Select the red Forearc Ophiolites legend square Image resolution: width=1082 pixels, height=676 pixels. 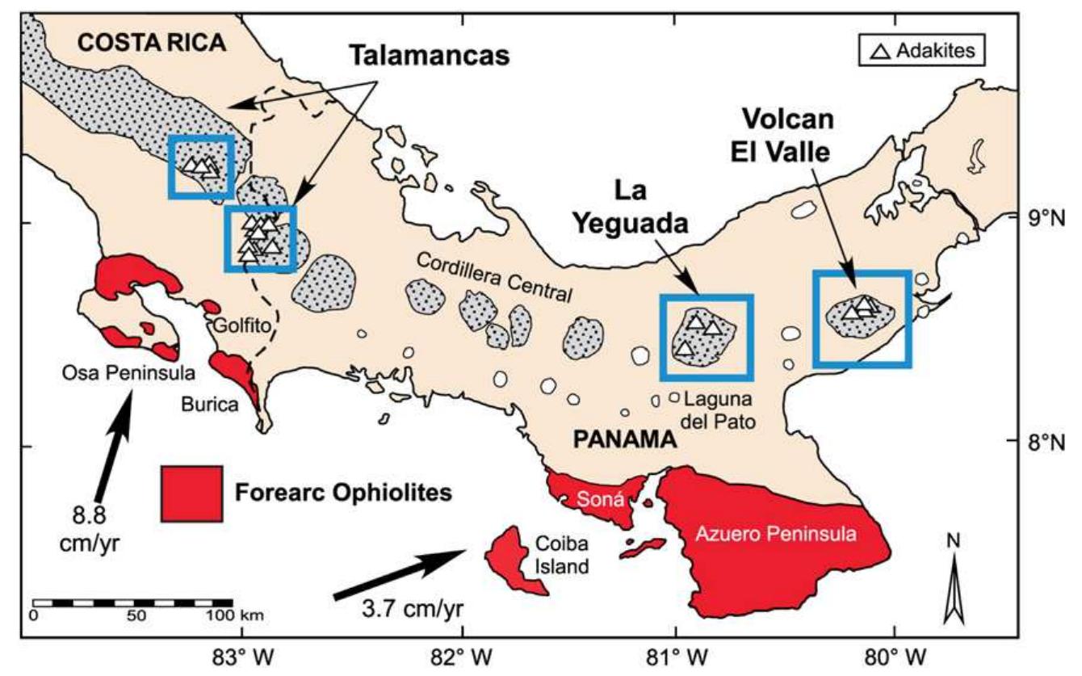point(191,493)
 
